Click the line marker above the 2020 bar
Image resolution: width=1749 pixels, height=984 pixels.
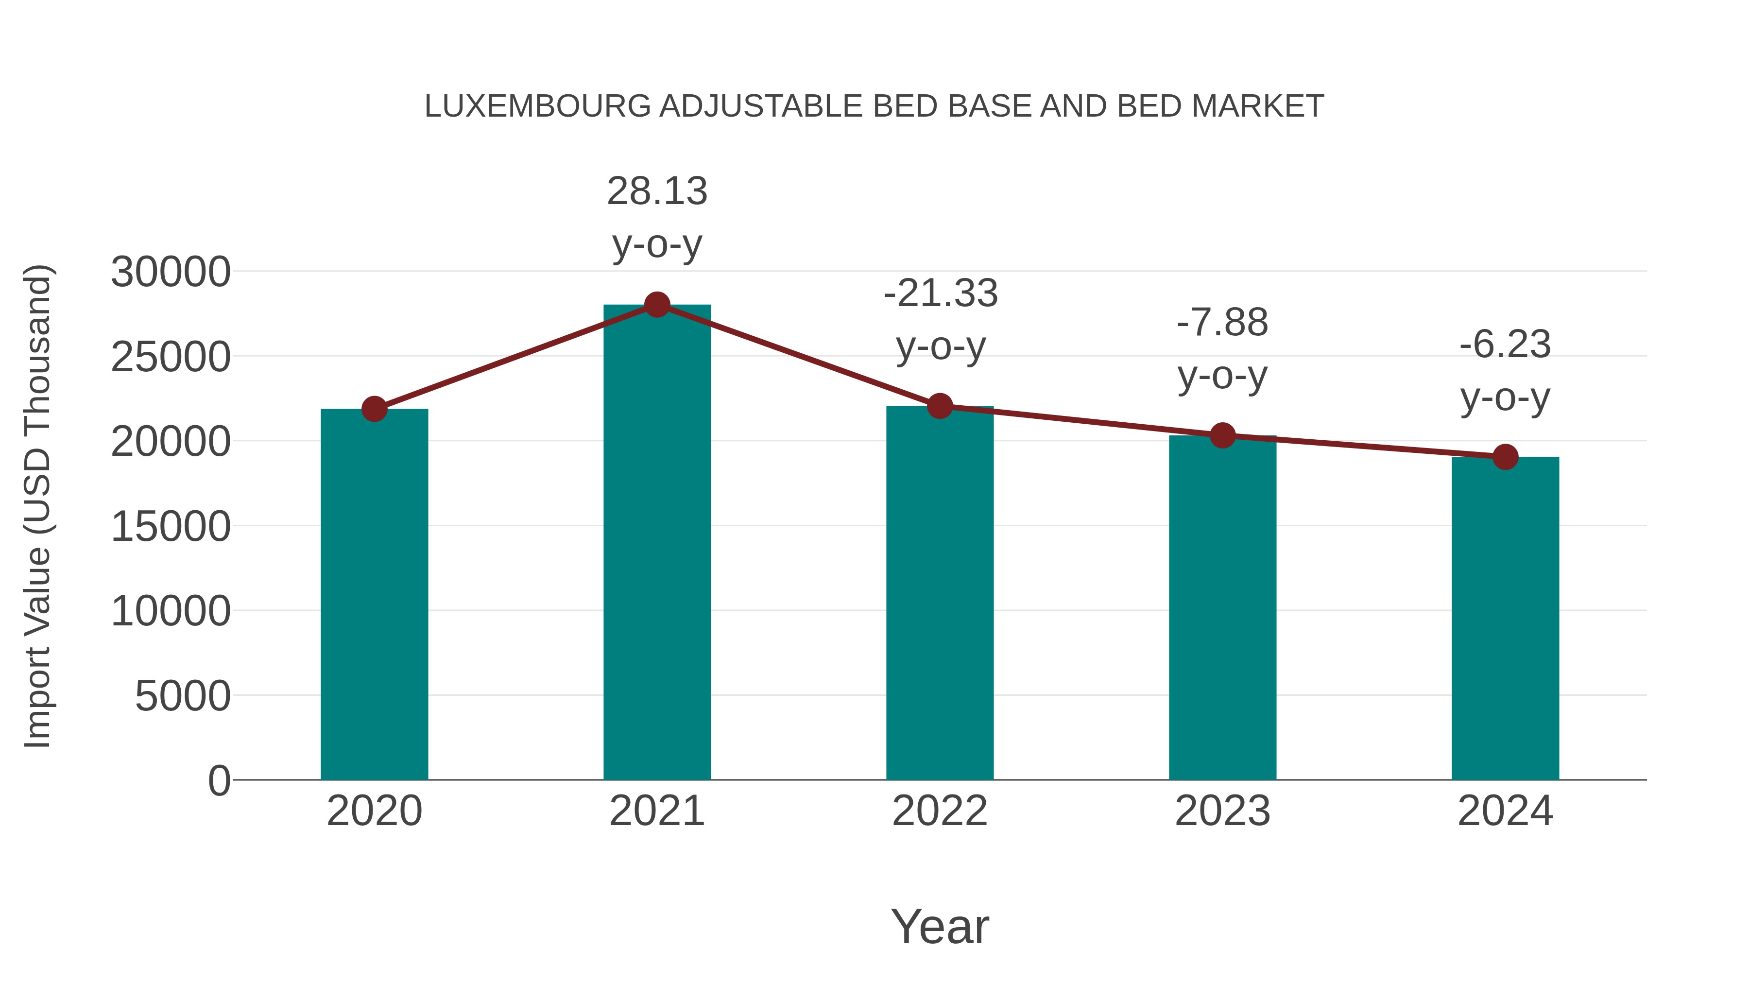click(x=374, y=409)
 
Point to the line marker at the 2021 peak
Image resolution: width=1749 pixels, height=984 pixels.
click(x=656, y=305)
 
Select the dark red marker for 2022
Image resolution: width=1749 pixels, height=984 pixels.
click(x=940, y=406)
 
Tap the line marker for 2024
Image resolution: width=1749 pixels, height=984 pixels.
click(x=1505, y=457)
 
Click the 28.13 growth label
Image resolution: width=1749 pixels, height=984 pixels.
click(x=656, y=191)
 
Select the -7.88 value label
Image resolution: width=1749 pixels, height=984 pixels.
click(x=1222, y=323)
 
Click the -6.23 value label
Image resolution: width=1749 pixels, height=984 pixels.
click(x=1505, y=345)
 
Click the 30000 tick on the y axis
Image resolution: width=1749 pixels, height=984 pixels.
click(x=171, y=272)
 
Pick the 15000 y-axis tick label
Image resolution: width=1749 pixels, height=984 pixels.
click(x=171, y=526)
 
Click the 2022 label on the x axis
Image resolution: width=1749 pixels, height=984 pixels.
click(x=940, y=811)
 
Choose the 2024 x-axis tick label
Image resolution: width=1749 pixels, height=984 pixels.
click(x=1505, y=811)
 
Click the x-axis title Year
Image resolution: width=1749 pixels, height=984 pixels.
click(x=940, y=926)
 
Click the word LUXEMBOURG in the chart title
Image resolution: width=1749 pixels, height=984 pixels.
click(x=537, y=106)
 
